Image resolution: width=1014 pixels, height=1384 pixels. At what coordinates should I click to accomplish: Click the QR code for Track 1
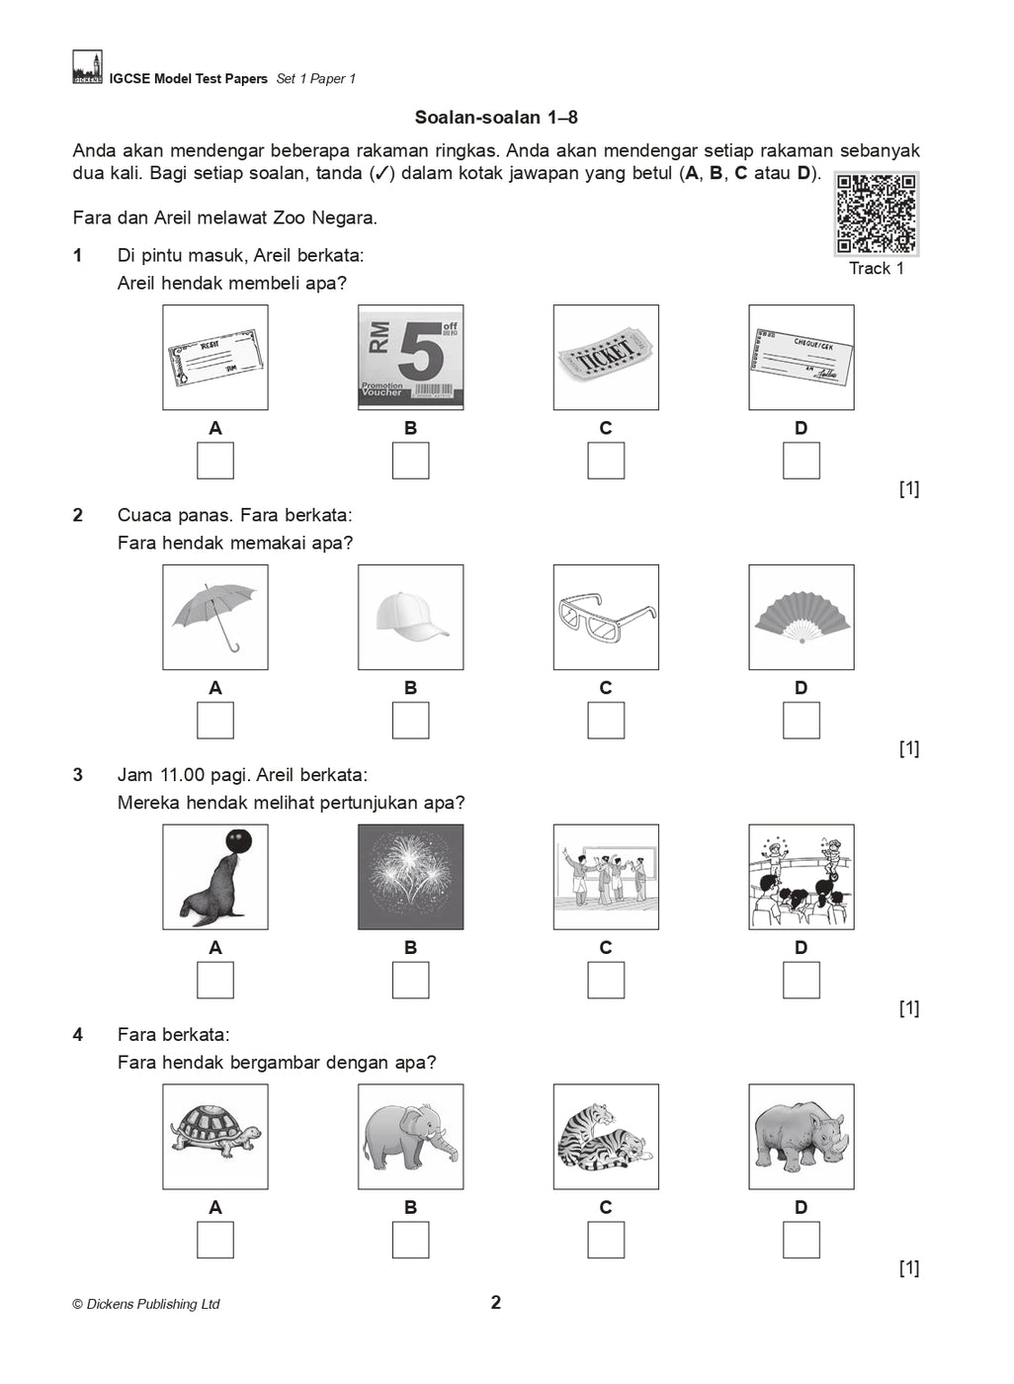tap(876, 214)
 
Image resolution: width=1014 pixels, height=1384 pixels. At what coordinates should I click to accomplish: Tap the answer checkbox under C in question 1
tap(606, 461)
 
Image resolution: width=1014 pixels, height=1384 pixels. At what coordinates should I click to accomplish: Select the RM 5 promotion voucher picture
tap(410, 358)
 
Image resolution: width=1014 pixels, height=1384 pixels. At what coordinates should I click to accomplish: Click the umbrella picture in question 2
tap(215, 618)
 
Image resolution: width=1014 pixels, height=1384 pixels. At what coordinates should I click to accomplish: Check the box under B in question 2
tap(410, 721)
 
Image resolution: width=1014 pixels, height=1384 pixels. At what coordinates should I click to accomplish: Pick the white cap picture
tap(410, 618)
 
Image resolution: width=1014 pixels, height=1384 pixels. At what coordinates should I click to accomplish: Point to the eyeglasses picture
tap(606, 618)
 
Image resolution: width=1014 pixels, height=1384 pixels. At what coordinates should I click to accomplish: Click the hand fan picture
tap(801, 618)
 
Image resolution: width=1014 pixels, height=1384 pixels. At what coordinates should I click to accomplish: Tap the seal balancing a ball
tap(215, 878)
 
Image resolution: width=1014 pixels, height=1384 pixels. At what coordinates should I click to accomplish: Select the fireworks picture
tap(410, 878)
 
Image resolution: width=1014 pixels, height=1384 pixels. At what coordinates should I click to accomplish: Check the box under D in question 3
tap(801, 981)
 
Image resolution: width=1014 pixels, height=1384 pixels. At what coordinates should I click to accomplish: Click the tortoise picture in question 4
tap(215, 1137)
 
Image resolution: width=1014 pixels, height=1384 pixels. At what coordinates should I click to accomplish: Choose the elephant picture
tap(410, 1137)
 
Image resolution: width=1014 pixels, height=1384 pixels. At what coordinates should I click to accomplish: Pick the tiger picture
tap(606, 1137)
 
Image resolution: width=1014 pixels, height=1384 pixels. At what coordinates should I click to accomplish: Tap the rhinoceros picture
tap(801, 1137)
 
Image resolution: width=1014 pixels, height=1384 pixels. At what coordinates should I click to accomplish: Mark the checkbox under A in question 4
tap(215, 1241)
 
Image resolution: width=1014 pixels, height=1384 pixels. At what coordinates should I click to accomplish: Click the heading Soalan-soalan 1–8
tap(496, 118)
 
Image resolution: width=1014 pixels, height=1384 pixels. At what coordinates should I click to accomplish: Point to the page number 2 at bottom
tap(496, 1303)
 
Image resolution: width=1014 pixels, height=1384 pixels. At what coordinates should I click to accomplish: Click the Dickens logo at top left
tap(87, 67)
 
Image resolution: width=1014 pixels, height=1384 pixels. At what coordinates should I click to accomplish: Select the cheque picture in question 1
tap(801, 358)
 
